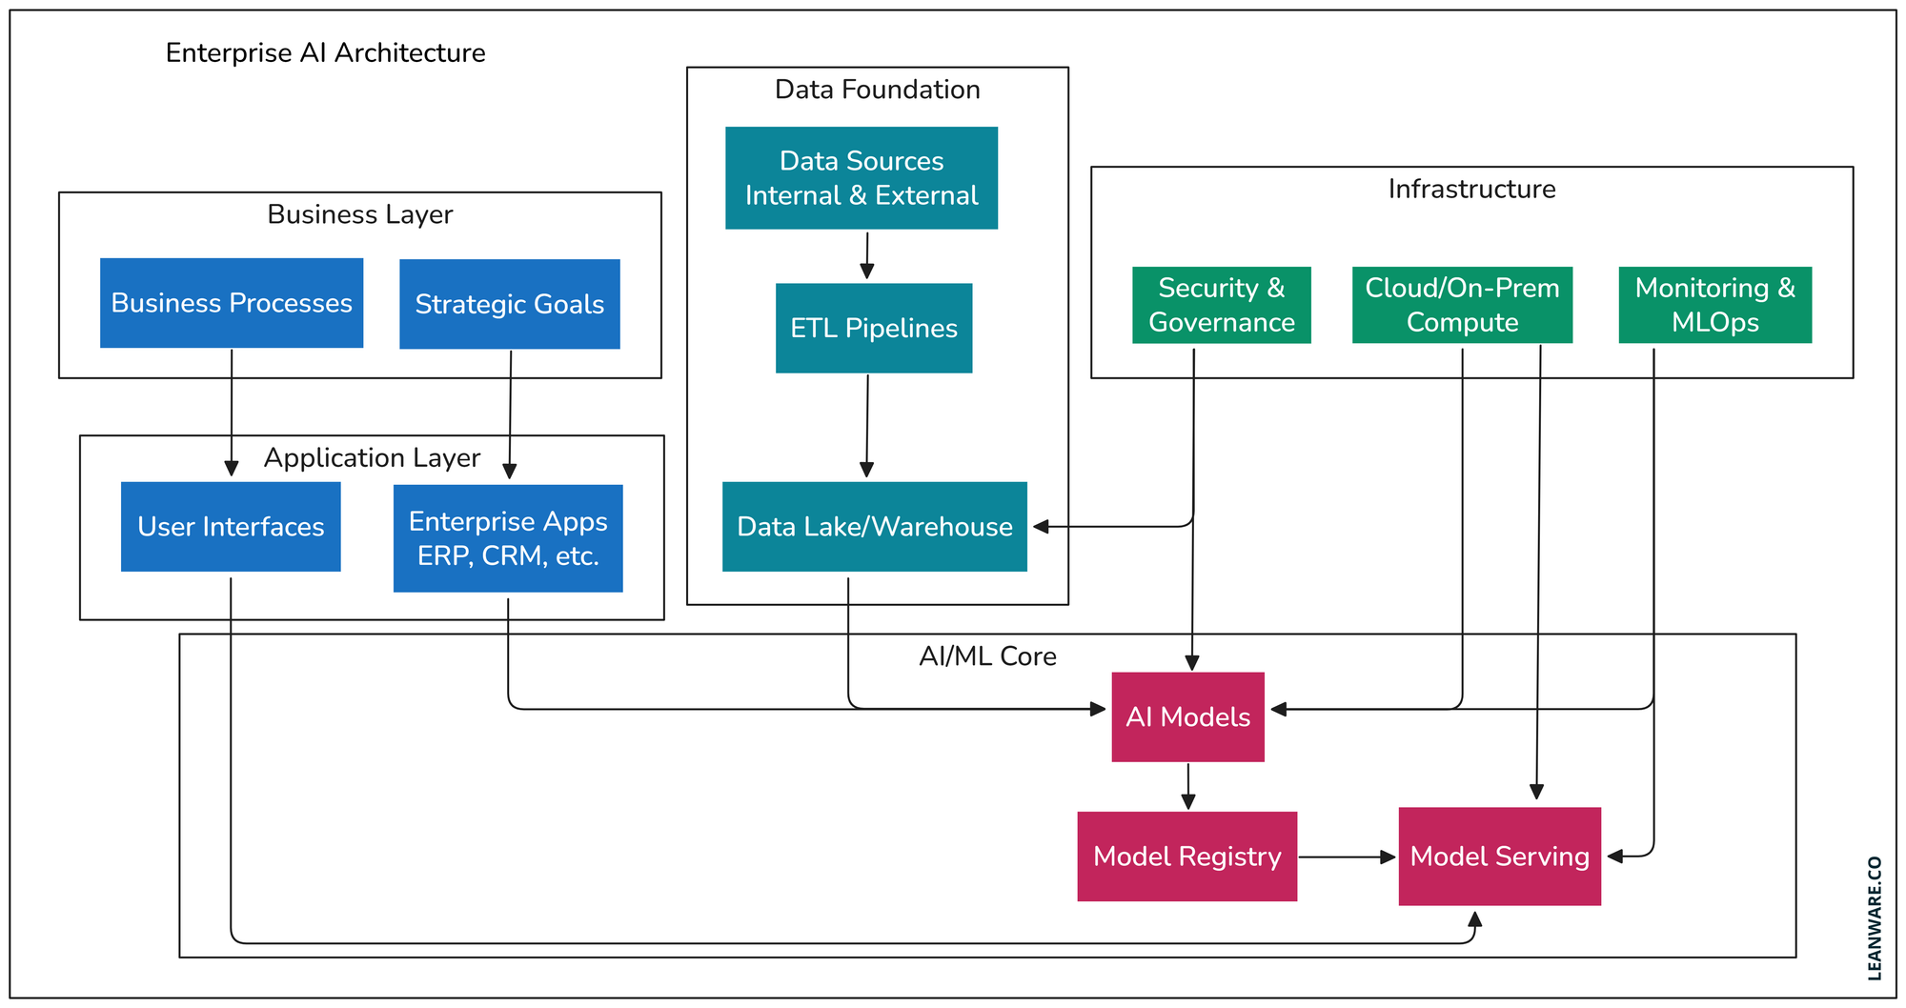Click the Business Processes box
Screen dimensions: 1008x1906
point(232,303)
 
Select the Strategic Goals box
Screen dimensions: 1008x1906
point(509,304)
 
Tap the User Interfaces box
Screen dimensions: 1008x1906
point(231,527)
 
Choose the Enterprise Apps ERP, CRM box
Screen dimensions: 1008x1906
point(508,538)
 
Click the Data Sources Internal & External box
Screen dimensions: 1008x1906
point(862,178)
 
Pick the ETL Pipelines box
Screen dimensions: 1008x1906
point(874,328)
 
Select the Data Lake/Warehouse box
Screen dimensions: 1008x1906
point(874,527)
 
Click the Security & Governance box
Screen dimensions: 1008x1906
point(1221,305)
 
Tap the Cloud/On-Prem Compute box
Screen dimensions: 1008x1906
point(1462,305)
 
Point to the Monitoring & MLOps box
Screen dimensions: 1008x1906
point(1714,305)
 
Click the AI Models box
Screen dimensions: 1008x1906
point(1187,717)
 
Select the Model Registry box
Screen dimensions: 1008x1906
point(1186,857)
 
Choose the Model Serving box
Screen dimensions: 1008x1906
point(1499,857)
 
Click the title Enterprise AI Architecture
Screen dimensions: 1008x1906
point(325,52)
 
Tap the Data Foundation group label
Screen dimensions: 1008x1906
point(877,90)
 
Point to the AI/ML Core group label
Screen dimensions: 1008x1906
point(987,656)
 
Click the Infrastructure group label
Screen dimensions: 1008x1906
point(1471,189)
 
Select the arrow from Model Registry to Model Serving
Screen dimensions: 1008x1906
point(1346,857)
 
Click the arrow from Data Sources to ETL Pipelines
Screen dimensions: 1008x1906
point(866,255)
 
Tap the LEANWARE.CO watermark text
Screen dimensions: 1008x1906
point(1875,917)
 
